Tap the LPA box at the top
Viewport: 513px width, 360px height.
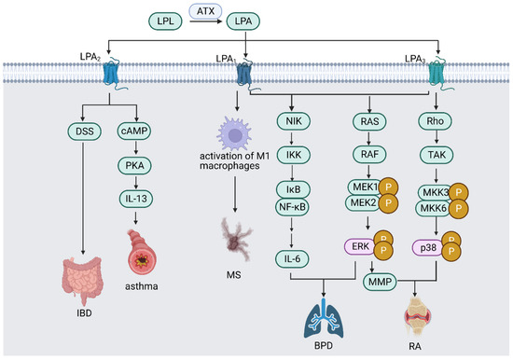tap(244, 19)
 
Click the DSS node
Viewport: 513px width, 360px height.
tap(90, 131)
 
